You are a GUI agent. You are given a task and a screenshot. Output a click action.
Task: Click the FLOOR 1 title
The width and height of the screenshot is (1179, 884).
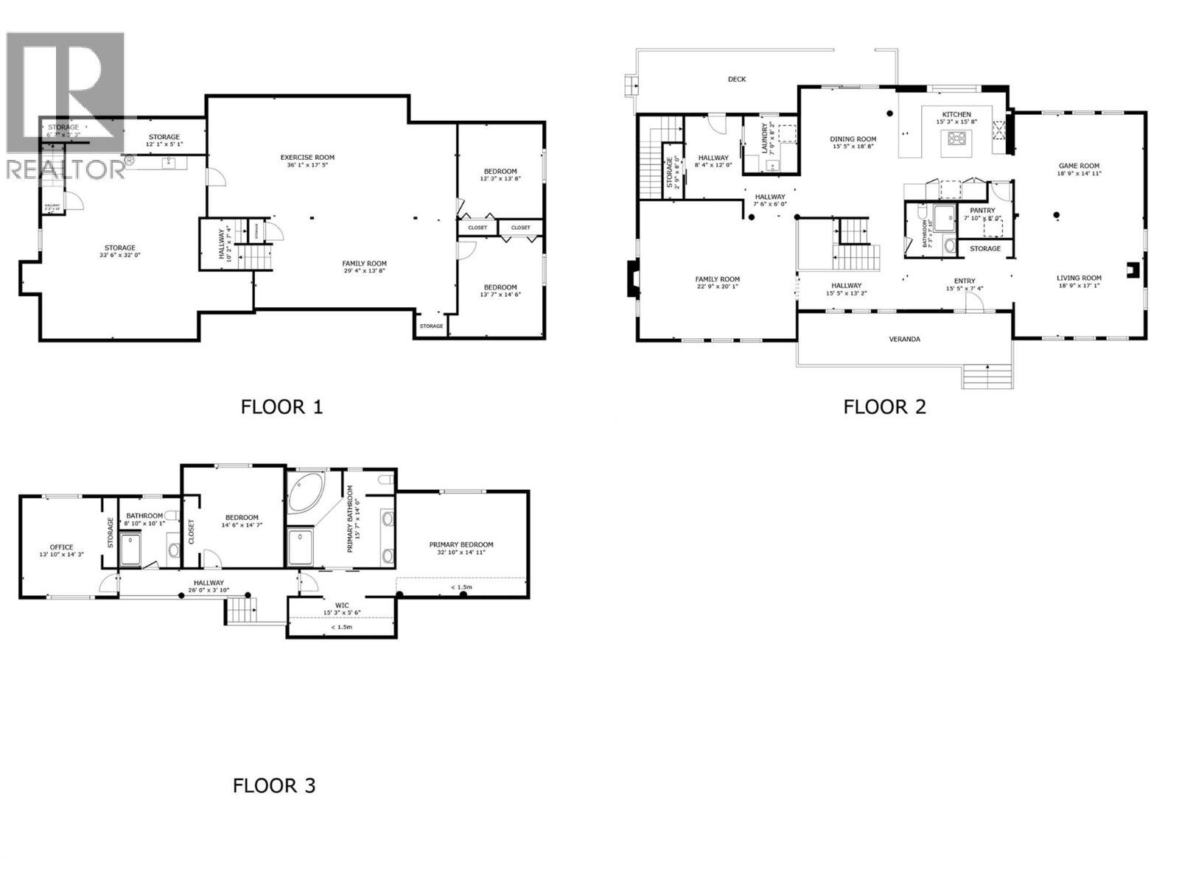[x=281, y=406]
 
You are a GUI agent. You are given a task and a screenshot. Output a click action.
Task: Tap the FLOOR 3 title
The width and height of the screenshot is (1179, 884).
[x=274, y=785]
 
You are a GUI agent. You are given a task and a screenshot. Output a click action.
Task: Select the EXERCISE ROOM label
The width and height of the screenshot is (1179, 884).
[x=307, y=157]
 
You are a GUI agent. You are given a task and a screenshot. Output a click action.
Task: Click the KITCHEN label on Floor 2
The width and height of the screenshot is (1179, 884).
[x=956, y=114]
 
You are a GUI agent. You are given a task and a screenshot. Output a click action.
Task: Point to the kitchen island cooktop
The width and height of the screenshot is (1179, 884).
[x=957, y=137]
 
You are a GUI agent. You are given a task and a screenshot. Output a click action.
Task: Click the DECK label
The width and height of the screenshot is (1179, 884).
[x=736, y=79]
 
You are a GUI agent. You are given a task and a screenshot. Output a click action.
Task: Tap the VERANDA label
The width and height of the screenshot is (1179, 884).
[x=904, y=340]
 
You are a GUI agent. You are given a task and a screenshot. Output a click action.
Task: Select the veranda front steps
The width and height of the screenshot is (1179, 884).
[x=987, y=376]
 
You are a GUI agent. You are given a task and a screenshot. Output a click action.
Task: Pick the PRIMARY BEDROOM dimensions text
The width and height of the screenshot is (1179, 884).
[x=461, y=553]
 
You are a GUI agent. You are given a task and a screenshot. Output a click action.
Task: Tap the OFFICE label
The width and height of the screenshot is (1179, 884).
[x=61, y=547]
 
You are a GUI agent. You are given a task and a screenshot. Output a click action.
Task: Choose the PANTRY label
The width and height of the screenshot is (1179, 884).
[x=982, y=210]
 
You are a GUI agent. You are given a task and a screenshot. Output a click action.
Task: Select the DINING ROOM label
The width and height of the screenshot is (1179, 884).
[x=853, y=138]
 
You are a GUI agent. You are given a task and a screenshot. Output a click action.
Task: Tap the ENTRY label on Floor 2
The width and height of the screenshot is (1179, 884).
[x=964, y=281]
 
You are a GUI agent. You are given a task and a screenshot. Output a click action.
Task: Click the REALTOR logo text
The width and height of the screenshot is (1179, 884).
[x=64, y=169]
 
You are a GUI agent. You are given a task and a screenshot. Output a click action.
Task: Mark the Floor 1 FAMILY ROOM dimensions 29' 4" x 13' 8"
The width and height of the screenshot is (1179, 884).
[x=364, y=271]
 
